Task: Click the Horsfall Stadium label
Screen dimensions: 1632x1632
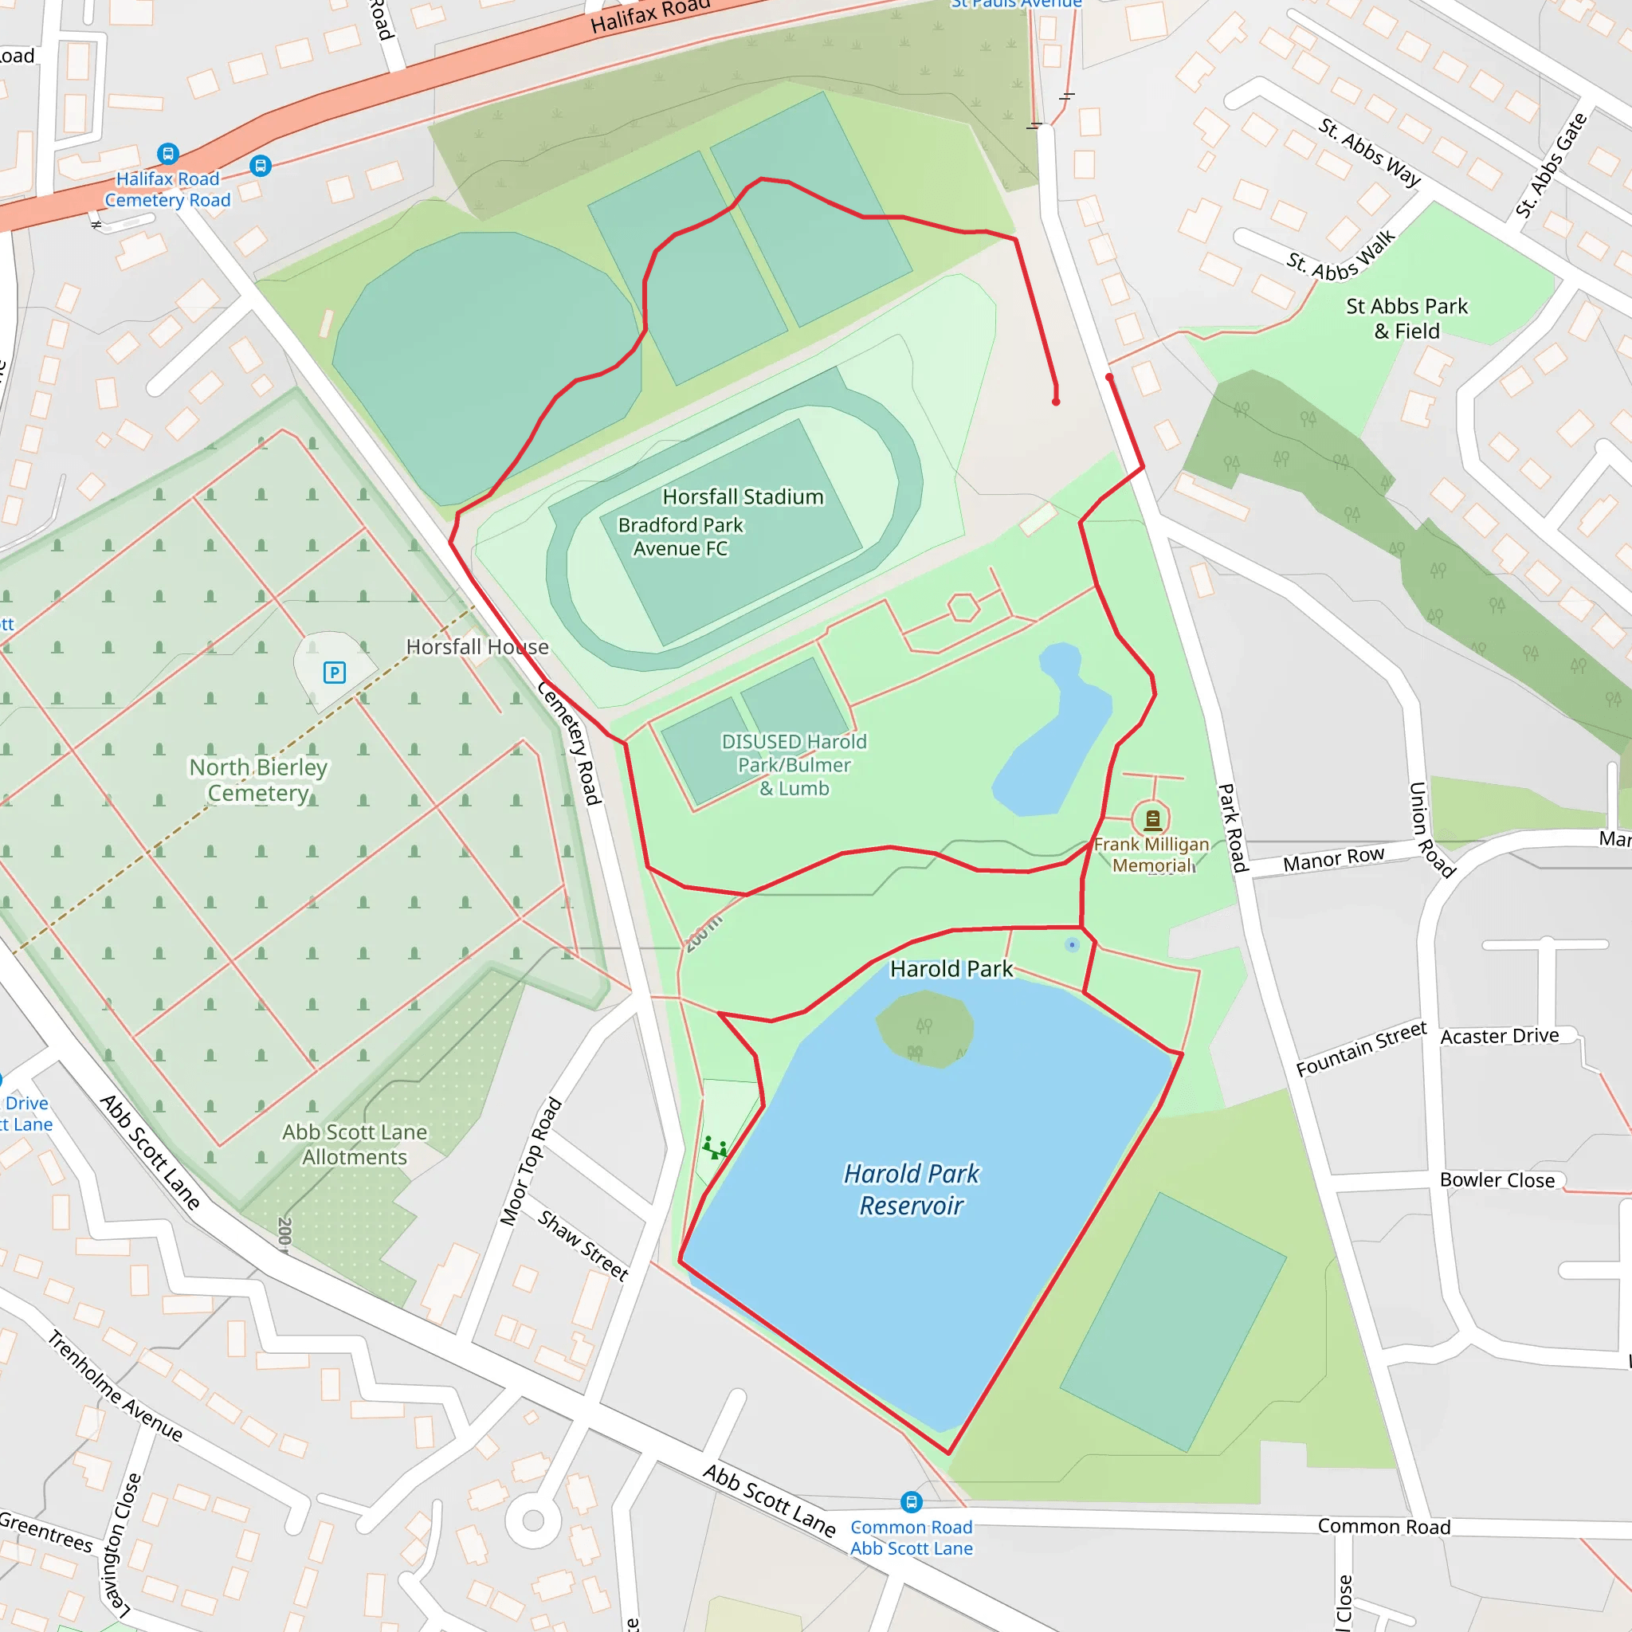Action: pyautogui.click(x=743, y=496)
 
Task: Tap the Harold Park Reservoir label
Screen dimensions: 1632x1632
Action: pyautogui.click(x=912, y=1190)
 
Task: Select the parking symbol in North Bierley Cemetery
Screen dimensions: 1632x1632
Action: pyautogui.click(x=335, y=673)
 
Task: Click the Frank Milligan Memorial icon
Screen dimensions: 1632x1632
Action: pyautogui.click(x=1152, y=818)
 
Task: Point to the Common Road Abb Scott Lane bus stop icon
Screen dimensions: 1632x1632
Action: pyautogui.click(x=911, y=1502)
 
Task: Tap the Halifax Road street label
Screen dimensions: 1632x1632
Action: pyautogui.click(x=649, y=15)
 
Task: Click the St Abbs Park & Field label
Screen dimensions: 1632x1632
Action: pyautogui.click(x=1406, y=319)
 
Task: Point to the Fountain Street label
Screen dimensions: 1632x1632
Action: pyautogui.click(x=1361, y=1049)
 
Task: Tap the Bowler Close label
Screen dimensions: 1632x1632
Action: pyautogui.click(x=1497, y=1180)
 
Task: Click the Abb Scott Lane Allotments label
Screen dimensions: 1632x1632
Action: pyautogui.click(x=355, y=1144)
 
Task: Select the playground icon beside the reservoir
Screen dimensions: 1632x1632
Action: pyautogui.click(x=715, y=1148)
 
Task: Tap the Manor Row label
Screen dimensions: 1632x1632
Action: pyautogui.click(x=1333, y=860)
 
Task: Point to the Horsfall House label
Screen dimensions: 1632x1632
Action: pyautogui.click(x=477, y=647)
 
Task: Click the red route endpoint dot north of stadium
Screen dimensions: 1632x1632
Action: pyautogui.click(x=1056, y=402)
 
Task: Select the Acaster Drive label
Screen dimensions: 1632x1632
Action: pyautogui.click(x=1500, y=1036)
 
